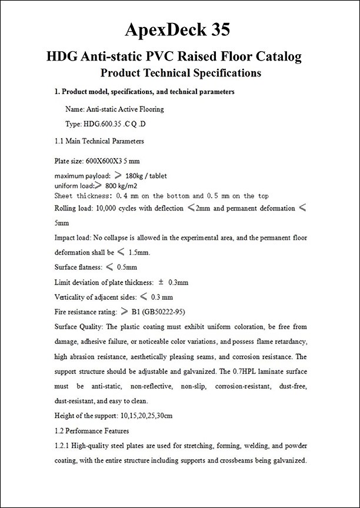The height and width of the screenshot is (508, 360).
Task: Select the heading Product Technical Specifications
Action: [x=181, y=73]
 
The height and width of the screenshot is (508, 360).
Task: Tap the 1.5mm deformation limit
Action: [x=139, y=253]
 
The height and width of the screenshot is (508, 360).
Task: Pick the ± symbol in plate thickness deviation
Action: [x=161, y=282]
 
